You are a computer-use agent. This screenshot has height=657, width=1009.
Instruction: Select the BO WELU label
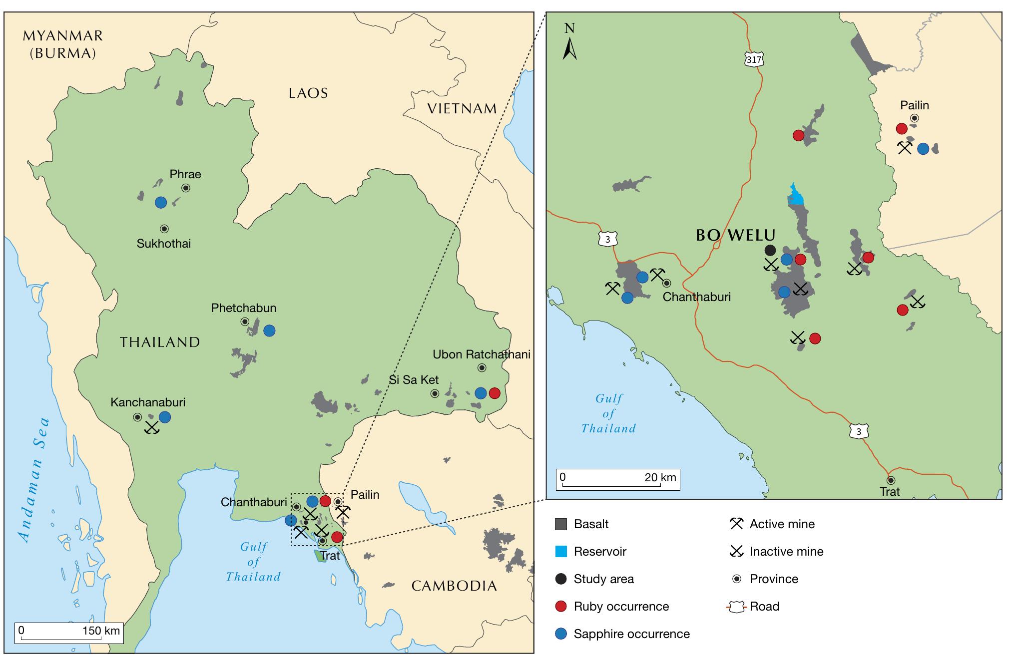click(735, 235)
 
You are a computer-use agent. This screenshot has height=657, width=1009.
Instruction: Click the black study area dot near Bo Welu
click(770, 250)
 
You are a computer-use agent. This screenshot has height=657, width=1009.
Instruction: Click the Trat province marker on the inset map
click(891, 480)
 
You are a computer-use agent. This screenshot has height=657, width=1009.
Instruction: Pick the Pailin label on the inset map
click(914, 105)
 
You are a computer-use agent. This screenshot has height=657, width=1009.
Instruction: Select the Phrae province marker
click(186, 188)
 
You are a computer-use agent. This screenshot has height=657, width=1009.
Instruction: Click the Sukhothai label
click(164, 244)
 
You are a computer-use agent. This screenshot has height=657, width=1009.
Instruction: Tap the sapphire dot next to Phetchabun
click(269, 330)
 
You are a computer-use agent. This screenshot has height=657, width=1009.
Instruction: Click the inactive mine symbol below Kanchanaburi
click(151, 427)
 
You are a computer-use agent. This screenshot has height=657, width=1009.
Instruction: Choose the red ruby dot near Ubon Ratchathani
click(494, 393)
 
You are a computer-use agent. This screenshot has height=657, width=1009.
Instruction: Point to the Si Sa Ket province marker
click(435, 393)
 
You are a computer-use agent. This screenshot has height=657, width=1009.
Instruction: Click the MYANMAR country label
click(63, 36)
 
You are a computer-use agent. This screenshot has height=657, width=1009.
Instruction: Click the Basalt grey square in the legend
click(561, 524)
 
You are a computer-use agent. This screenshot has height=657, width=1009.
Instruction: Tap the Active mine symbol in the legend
click(736, 524)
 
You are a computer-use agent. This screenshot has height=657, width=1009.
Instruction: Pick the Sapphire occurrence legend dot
click(561, 634)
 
